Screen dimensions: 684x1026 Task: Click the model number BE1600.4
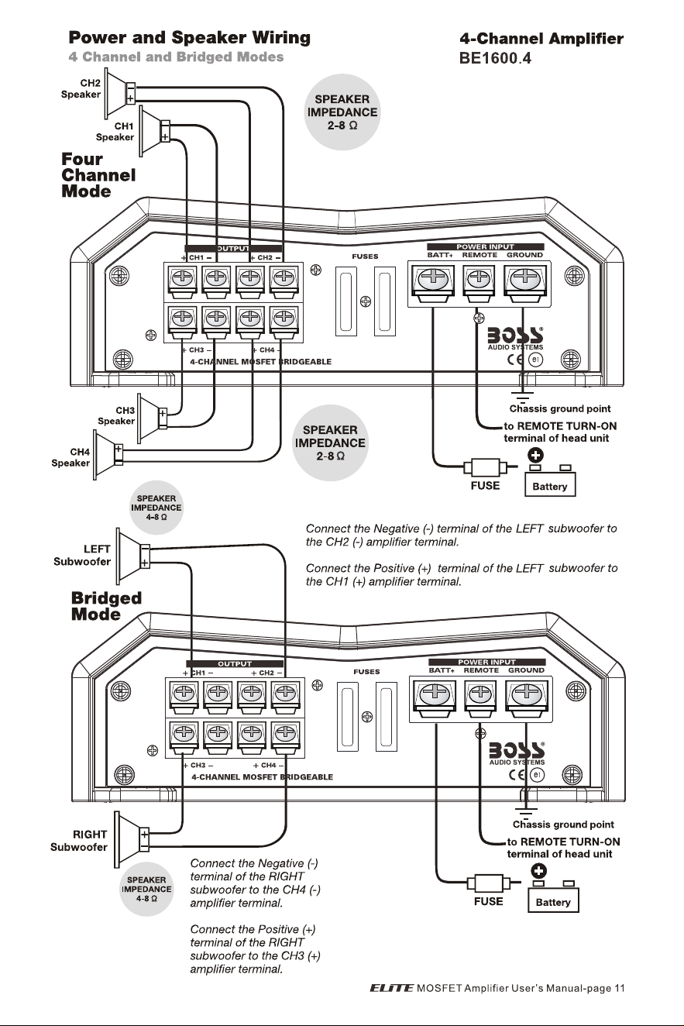point(495,58)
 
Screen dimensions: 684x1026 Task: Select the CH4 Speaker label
point(70,457)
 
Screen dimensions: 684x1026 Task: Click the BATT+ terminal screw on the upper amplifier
point(433,279)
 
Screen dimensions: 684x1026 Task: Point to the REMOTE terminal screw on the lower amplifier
point(480,694)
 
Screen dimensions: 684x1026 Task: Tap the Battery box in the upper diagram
point(550,485)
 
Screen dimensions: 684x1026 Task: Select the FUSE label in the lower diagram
point(489,901)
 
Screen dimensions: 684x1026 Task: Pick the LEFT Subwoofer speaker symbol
point(132,556)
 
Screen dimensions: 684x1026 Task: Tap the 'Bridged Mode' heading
point(106,605)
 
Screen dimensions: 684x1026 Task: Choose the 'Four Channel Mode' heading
point(98,175)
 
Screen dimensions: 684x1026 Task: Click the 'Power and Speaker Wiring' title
point(190,37)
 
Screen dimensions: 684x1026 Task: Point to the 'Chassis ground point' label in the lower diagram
point(563,825)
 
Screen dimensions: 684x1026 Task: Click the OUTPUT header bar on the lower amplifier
point(235,663)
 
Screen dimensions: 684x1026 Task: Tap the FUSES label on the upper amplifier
point(365,256)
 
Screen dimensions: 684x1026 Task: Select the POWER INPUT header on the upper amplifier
point(485,247)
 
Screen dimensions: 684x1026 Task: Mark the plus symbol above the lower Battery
point(538,871)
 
